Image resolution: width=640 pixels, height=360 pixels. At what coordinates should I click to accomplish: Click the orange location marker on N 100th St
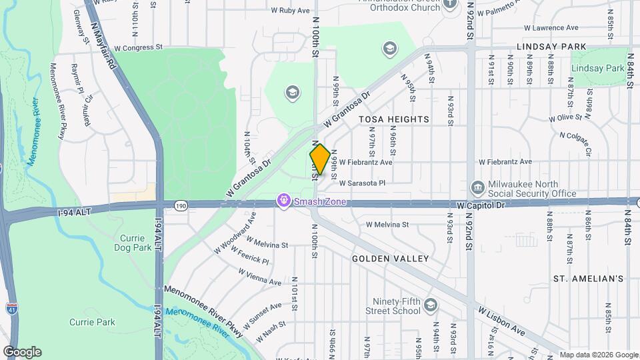pos(319,160)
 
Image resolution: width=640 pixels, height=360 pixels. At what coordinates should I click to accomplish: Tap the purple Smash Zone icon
pos(284,200)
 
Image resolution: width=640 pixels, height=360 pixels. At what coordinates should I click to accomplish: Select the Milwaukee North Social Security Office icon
pos(477,187)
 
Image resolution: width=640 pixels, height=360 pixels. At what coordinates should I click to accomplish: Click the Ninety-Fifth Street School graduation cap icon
pos(431,305)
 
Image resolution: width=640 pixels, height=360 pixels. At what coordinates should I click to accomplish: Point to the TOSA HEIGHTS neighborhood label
pos(394,119)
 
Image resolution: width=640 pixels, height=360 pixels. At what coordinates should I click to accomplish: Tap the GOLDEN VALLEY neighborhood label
pos(390,258)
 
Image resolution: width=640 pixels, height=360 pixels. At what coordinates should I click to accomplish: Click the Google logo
pos(22,352)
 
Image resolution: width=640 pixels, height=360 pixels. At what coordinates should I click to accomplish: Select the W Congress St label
pos(138,48)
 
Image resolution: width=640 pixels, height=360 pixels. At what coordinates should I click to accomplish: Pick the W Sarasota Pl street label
pos(362,183)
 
